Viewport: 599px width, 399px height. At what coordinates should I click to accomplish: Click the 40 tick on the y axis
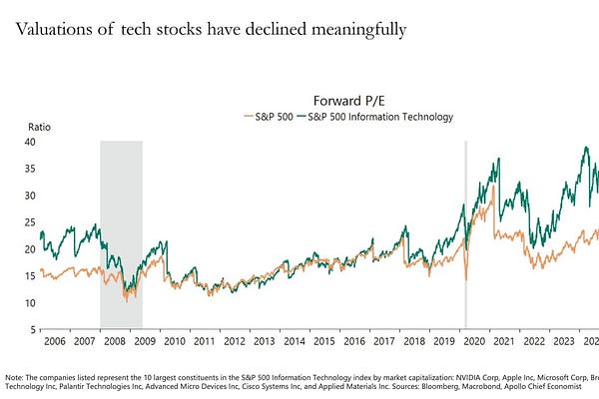point(31,142)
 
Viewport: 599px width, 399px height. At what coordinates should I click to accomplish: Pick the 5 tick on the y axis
point(34,330)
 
